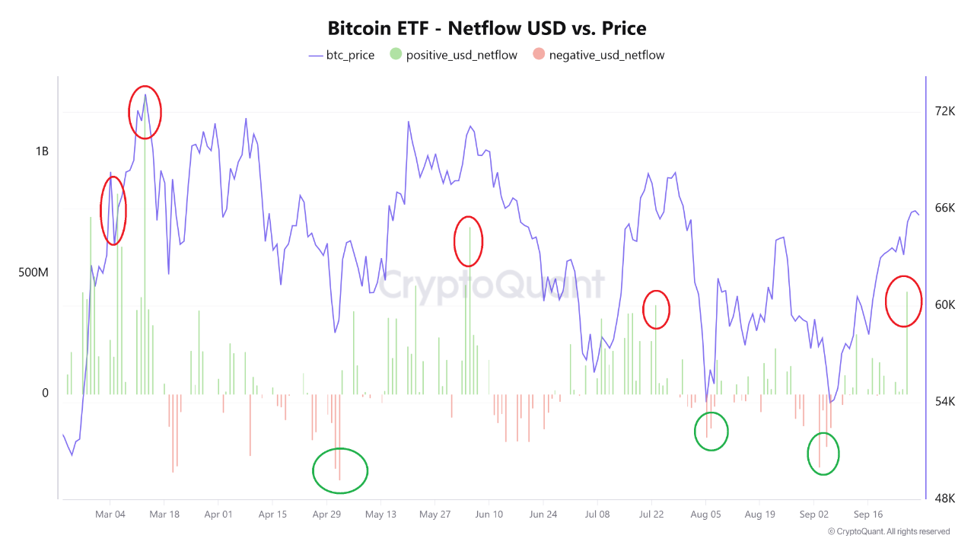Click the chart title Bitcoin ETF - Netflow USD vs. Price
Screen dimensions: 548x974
pyautogui.click(x=487, y=29)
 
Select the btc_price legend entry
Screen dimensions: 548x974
pyautogui.click(x=342, y=55)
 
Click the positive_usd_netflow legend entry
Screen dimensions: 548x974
pyautogui.click(x=454, y=55)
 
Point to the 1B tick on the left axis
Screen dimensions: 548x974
pyautogui.click(x=41, y=151)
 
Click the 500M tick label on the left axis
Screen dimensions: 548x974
pyautogui.click(x=33, y=272)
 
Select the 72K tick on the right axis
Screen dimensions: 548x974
pyautogui.click(x=944, y=111)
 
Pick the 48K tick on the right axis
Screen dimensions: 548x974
pyautogui.click(x=944, y=499)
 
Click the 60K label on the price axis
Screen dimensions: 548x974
pyautogui.click(x=944, y=305)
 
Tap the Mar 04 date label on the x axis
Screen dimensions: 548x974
pyautogui.click(x=110, y=515)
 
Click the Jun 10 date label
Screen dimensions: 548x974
pyautogui.click(x=489, y=515)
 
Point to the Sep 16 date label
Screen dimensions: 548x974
pyautogui.click(x=867, y=515)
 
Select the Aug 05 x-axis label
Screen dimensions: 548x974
pyautogui.click(x=705, y=515)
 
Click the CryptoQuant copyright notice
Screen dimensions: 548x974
pyautogui.click(x=888, y=531)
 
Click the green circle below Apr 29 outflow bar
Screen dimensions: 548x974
pyautogui.click(x=340, y=471)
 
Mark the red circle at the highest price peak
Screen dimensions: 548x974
pyautogui.click(x=145, y=112)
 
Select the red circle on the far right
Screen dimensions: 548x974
pyautogui.click(x=903, y=301)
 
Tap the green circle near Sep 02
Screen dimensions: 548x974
pyautogui.click(x=823, y=454)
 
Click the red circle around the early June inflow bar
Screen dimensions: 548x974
pyautogui.click(x=468, y=241)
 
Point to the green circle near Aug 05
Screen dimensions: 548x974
pyautogui.click(x=711, y=432)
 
